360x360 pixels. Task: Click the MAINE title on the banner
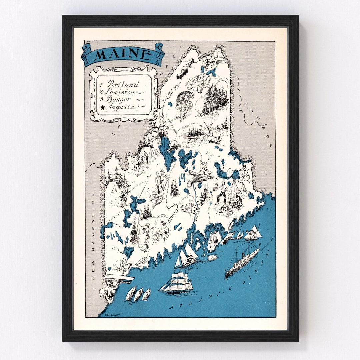[x=122, y=54]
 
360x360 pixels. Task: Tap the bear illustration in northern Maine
[x=183, y=98]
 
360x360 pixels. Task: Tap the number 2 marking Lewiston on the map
[x=145, y=248]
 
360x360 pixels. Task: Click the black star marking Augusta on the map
[x=165, y=232]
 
